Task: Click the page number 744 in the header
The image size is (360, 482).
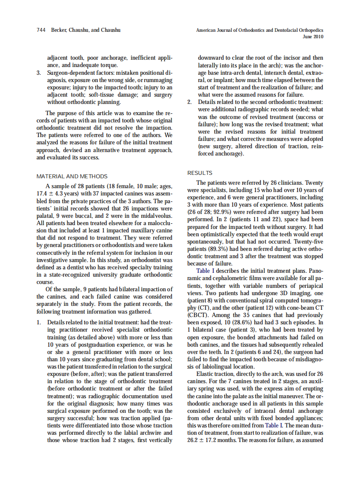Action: coord(42,30)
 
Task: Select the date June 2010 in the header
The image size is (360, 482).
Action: coord(313,37)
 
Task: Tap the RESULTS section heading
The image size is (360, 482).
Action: coord(200,173)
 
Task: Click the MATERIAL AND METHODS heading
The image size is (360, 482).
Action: coord(72,176)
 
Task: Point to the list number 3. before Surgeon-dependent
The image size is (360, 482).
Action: coord(39,73)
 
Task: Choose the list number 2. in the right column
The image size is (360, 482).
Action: coord(190,102)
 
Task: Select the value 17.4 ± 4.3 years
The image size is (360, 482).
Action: coord(57,194)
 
